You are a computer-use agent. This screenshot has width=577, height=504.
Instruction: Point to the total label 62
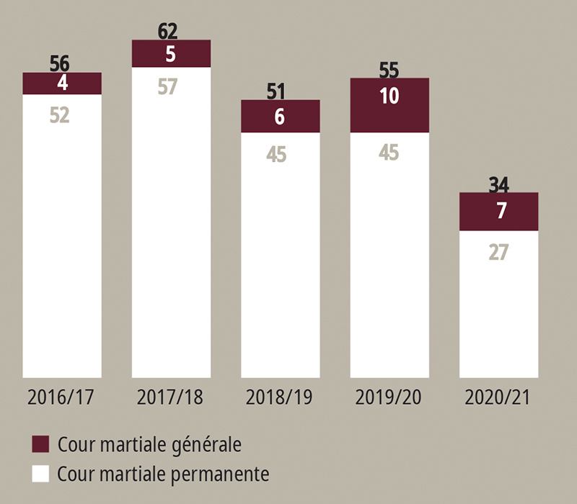click(167, 31)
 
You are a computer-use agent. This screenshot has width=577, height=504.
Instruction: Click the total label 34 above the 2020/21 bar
click(498, 184)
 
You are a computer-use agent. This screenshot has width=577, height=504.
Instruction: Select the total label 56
click(60, 63)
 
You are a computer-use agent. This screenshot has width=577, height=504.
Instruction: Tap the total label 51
click(276, 91)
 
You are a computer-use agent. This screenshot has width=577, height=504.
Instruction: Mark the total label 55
click(389, 70)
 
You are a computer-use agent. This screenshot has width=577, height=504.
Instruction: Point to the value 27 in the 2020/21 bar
click(498, 253)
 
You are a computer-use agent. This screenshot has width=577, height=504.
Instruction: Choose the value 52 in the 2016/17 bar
click(60, 115)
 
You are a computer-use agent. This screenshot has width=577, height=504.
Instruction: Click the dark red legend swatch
click(40, 444)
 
